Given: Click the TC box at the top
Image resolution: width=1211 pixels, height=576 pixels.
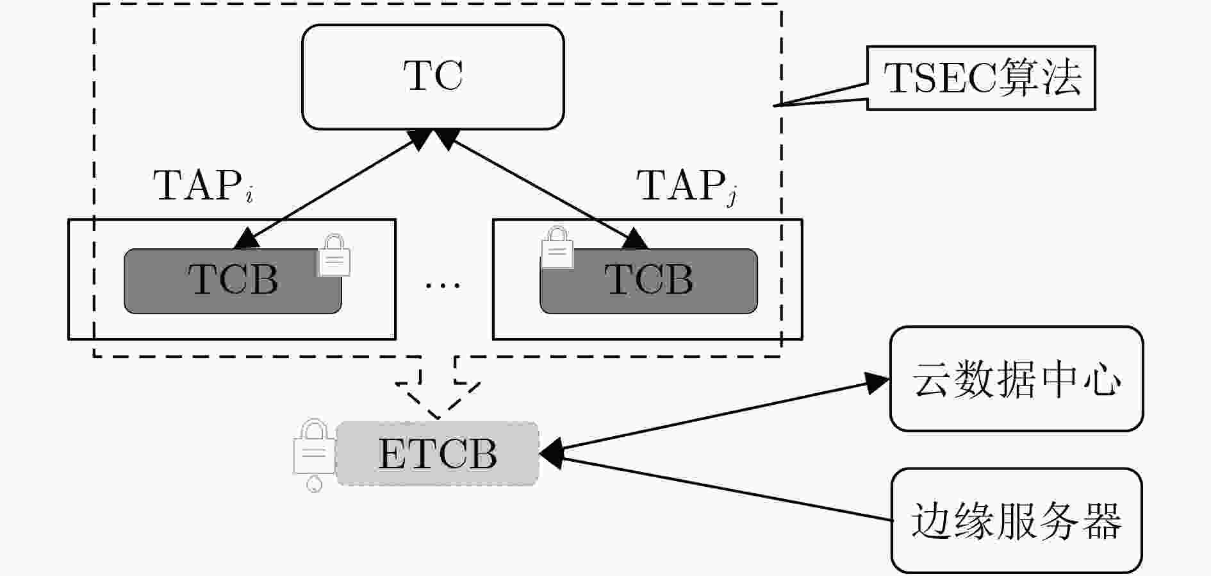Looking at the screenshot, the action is [433, 77].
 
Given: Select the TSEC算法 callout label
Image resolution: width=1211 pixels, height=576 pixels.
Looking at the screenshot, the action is [981, 78].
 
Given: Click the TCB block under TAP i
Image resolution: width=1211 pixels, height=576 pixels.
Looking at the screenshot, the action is [233, 281].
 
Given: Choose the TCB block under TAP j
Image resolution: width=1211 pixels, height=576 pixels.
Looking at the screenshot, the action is [648, 281].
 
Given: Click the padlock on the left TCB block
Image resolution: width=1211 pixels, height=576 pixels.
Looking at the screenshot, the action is [334, 255].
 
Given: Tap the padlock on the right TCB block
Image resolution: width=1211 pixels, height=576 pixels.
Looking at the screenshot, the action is [557, 247].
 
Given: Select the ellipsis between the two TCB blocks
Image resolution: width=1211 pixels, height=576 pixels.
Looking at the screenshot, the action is [443, 284].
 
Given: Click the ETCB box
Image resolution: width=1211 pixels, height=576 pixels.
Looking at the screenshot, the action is [437, 453].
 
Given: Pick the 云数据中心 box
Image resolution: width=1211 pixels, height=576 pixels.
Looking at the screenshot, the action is [1016, 378].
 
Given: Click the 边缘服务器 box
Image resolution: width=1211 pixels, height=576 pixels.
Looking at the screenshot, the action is [1016, 520].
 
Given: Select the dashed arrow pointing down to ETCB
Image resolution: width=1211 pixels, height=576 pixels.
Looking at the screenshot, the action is [438, 388].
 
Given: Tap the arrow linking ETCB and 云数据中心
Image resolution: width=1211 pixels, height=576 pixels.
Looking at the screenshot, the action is [714, 415].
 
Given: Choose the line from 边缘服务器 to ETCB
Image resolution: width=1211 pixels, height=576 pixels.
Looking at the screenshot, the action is [716, 487].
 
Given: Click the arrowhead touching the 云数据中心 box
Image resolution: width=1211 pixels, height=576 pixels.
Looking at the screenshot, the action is [877, 382].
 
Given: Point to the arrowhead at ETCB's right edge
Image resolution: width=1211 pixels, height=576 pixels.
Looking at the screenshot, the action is [551, 453].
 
